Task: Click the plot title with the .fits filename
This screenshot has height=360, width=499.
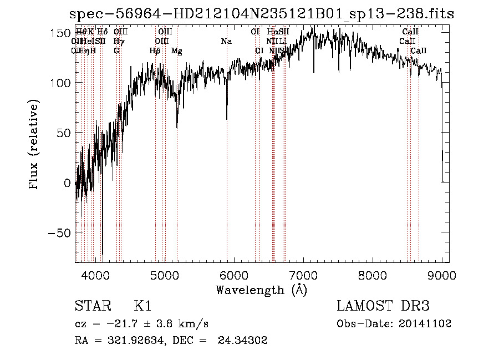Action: (261, 14)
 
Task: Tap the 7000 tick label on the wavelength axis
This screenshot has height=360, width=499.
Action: (303, 274)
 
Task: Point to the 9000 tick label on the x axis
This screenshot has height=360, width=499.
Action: (441, 274)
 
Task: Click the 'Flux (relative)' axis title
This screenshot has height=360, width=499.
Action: (34, 145)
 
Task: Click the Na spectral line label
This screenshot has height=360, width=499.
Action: (226, 42)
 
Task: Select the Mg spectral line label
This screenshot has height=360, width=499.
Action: (176, 51)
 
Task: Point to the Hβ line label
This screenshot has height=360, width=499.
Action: (155, 51)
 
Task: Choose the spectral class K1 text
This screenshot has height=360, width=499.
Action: (142, 306)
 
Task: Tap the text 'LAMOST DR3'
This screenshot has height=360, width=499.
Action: (383, 306)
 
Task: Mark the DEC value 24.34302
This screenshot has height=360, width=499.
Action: (246, 341)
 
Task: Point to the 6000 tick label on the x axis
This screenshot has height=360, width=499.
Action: (233, 274)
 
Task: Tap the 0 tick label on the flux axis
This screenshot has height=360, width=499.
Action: (67, 182)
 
